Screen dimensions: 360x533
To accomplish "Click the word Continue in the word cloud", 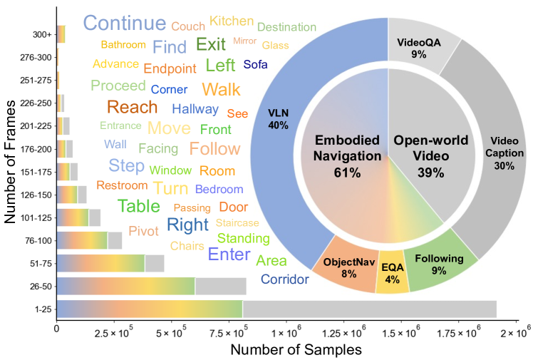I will (124, 23).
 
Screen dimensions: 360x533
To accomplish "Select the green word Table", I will (139, 207).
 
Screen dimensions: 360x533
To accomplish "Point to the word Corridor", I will (285, 279).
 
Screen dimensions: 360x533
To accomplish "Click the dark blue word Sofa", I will (256, 65).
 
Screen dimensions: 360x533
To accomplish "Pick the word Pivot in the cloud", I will (143, 231).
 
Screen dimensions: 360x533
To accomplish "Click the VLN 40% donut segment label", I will (278, 119).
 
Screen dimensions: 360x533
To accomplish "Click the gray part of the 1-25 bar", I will (369, 309).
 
